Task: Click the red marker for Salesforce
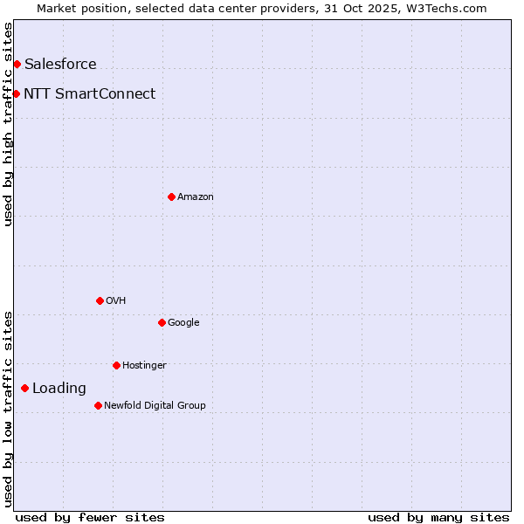point(17,64)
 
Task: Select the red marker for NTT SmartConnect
point(16,93)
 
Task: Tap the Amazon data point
point(171,196)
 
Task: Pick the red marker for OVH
point(100,300)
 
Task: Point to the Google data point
point(162,322)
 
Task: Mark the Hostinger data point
point(116,365)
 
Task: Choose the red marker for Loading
point(24,388)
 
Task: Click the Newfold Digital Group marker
point(98,405)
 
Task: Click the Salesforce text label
point(60,64)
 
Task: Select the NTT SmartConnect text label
point(89,93)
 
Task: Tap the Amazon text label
point(196,197)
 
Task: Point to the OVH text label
point(116,301)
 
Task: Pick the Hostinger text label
point(144,365)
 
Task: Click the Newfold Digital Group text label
point(155,405)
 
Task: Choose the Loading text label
point(59,388)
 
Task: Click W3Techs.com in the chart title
point(451,8)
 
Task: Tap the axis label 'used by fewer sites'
point(90,517)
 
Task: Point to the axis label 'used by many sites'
point(438,517)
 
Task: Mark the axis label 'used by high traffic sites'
point(8,124)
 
